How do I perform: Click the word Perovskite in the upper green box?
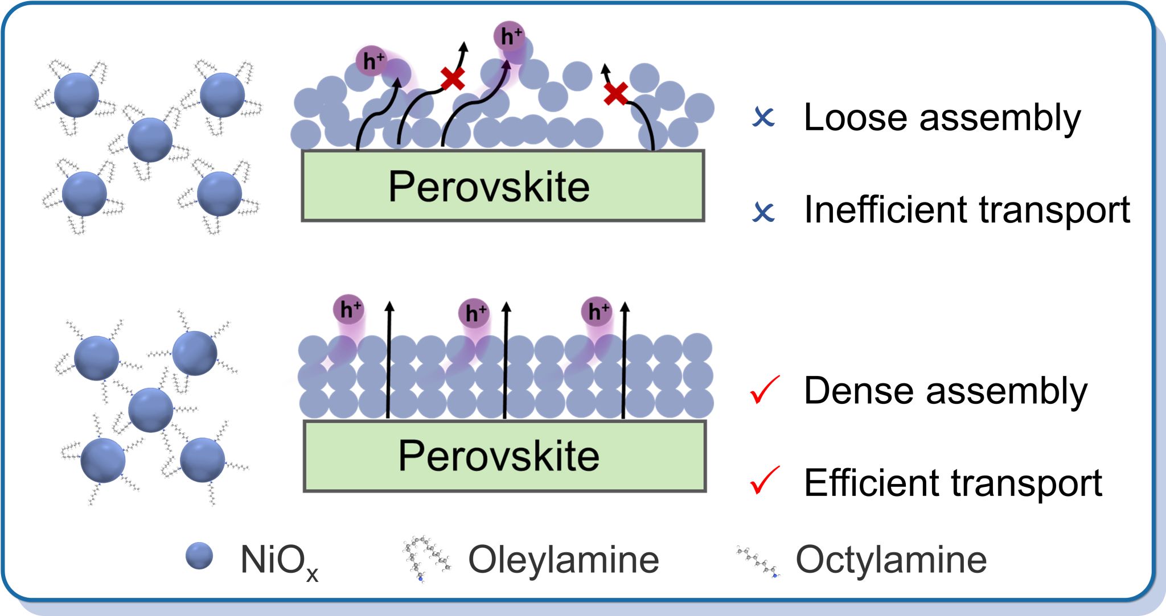(488, 187)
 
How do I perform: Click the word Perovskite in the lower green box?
(499, 456)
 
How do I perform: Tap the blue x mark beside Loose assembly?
(763, 117)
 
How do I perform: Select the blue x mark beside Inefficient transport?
(763, 212)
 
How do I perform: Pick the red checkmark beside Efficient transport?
(764, 481)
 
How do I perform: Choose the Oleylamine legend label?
(563, 560)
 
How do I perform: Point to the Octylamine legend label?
(891, 560)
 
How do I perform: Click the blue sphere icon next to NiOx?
(199, 556)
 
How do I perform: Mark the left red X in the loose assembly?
(453, 78)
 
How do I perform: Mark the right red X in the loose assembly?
(615, 94)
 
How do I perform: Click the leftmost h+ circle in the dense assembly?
(348, 309)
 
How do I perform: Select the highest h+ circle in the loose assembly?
(509, 36)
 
